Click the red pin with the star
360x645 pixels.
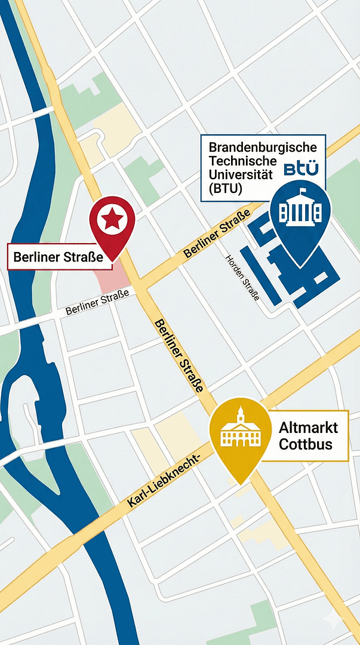coord(112,223)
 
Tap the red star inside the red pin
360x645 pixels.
coord(112,220)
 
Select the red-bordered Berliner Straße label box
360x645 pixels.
coord(60,257)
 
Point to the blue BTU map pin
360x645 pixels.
coord(300,218)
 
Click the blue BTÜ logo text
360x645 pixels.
coord(301,169)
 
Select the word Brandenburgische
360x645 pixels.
coord(267,146)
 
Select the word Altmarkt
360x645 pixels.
coord(308,428)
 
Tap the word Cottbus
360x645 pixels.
coord(305,445)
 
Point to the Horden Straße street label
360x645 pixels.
coord(242,278)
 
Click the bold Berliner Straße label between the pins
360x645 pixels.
coord(178,355)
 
